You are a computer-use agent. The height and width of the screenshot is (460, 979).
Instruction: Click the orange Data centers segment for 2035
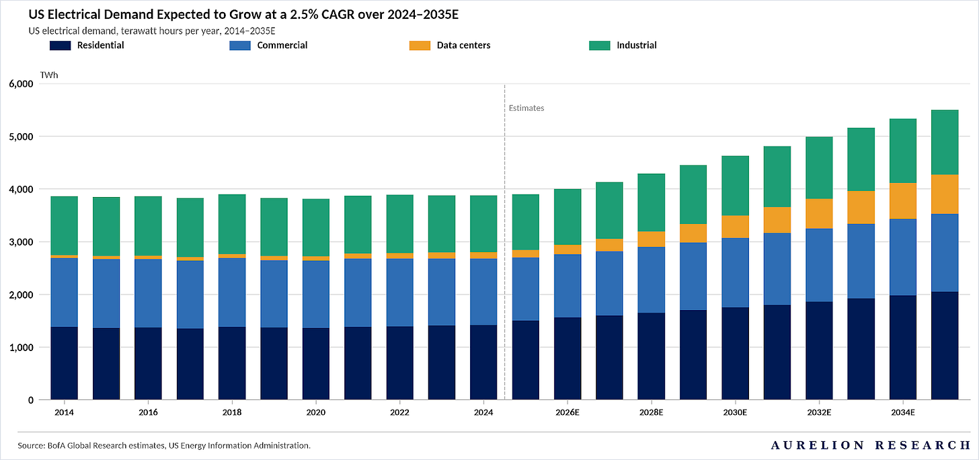click(x=945, y=194)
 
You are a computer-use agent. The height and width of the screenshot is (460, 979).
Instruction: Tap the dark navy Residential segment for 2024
click(x=483, y=362)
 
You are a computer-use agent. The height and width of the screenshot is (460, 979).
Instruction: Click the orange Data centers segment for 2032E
click(x=819, y=214)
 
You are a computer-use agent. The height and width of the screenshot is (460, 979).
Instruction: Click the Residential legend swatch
click(x=60, y=46)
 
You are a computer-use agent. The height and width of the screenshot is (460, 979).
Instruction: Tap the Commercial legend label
click(x=282, y=46)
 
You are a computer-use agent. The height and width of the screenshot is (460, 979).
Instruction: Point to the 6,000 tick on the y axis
click(x=20, y=84)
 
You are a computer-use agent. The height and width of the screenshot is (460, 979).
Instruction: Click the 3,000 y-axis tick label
click(x=20, y=242)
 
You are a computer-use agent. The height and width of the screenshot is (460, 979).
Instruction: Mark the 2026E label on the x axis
click(x=567, y=412)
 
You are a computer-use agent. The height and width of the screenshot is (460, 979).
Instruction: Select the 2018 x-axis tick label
click(x=232, y=412)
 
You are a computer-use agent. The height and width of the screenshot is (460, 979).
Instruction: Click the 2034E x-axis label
click(x=902, y=412)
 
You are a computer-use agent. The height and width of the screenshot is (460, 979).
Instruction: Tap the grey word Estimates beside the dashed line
click(x=526, y=108)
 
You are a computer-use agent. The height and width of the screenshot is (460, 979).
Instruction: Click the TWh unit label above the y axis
click(x=49, y=75)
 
